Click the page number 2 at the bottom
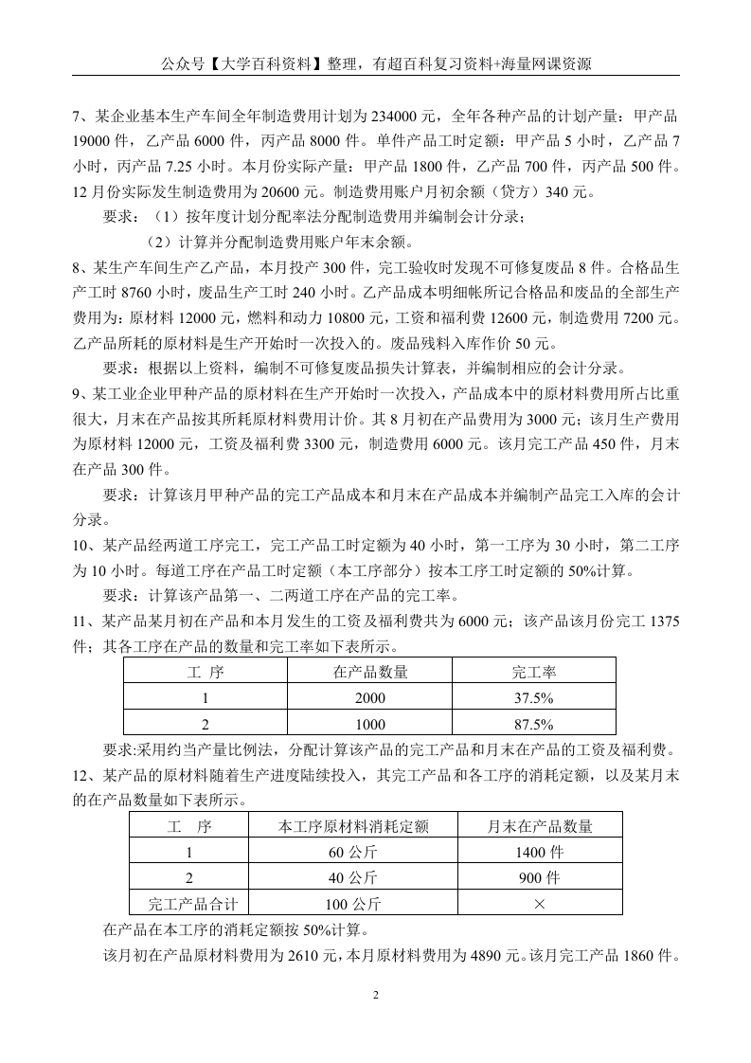pos(375,995)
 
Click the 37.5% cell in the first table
pos(533,698)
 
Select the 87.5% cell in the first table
pos(533,725)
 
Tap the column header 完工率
pos(533,672)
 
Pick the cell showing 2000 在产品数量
pos(370,698)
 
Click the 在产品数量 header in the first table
pos(370,672)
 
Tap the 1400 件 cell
pos(540,852)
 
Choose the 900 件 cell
pos(540,877)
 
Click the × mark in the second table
pos(540,904)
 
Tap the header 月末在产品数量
pos(540,826)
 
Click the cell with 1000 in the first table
pos(370,725)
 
